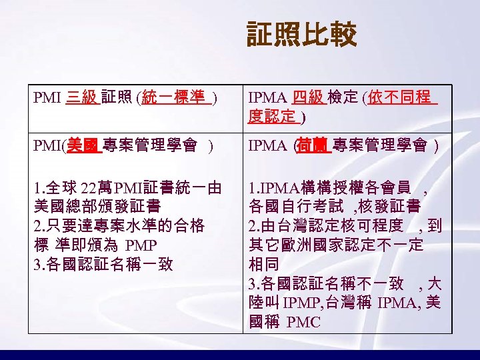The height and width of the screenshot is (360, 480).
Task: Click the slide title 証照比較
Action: coord(301,35)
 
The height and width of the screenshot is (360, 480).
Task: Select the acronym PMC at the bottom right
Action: coord(303,323)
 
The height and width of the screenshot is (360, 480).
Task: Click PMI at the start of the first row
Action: coord(47,99)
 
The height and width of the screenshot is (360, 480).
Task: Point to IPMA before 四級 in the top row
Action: coord(268,99)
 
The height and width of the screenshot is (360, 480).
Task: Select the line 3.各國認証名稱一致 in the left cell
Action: coord(103,265)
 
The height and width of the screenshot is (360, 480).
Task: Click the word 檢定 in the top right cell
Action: coord(343,99)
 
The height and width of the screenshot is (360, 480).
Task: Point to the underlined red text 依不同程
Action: coord(401,99)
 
